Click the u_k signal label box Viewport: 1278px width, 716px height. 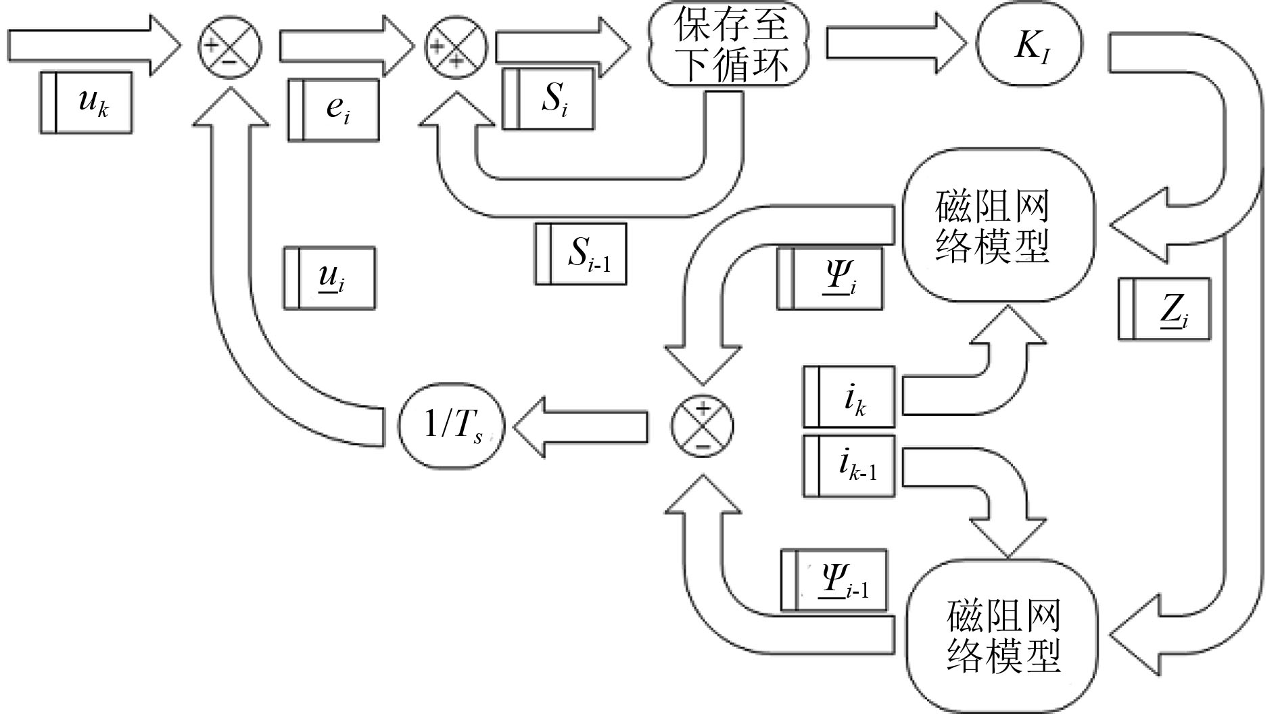tap(86, 103)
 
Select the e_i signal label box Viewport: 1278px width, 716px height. tap(333, 110)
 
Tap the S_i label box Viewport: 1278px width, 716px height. tap(548, 99)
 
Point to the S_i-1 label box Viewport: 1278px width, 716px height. tap(581, 254)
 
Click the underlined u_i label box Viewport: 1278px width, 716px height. tap(329, 279)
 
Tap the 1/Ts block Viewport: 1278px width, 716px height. tap(452, 427)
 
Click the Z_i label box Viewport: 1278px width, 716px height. tap(1164, 309)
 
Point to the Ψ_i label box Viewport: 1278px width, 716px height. tap(830, 279)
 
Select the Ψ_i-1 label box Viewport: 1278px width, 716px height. tap(834, 580)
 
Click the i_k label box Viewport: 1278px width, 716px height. tap(849, 397)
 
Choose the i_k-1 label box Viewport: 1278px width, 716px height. tap(849, 466)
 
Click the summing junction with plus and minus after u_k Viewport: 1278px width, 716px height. tap(229, 46)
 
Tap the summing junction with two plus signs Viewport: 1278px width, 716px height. tap(455, 46)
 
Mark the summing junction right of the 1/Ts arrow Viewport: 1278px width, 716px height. tap(702, 427)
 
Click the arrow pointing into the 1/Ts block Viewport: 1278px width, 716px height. tap(580, 427)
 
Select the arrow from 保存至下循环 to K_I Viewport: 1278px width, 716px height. tap(894, 45)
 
